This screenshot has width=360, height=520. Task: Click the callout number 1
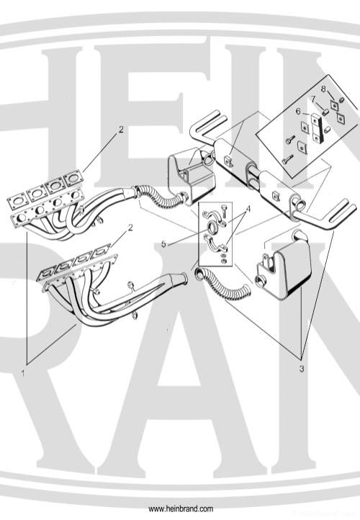(x=23, y=373)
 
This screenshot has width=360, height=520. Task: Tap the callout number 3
(x=302, y=369)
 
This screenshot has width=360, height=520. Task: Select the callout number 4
(x=248, y=210)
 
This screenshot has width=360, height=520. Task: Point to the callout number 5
(x=163, y=244)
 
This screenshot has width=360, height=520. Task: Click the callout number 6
(x=298, y=112)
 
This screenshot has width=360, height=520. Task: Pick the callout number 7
(x=312, y=99)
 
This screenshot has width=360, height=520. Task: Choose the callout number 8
(x=323, y=89)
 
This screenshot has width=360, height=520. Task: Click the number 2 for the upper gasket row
(x=121, y=130)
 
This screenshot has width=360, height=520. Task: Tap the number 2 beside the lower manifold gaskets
(x=130, y=228)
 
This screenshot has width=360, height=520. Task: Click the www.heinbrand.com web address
(x=181, y=508)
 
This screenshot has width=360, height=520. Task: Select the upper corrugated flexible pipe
(x=158, y=197)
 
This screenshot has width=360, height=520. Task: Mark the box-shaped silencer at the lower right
(x=284, y=264)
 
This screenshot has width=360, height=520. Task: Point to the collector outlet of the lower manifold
(x=179, y=279)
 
